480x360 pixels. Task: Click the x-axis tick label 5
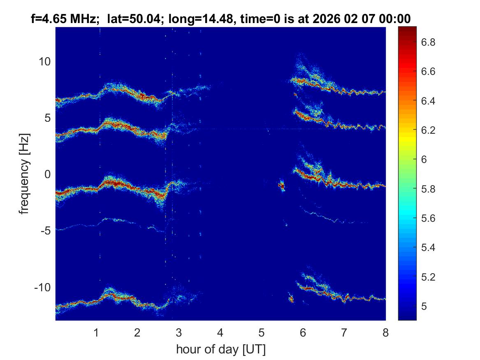261,332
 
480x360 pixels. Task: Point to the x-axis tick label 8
385,332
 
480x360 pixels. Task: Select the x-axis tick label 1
96,332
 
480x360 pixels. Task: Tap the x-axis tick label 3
179,332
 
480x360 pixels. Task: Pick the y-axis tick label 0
46,174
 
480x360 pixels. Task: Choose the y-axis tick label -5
44,230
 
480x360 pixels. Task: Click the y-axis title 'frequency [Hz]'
25,173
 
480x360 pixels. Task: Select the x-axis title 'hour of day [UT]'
220,350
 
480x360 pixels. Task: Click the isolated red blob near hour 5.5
282,186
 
